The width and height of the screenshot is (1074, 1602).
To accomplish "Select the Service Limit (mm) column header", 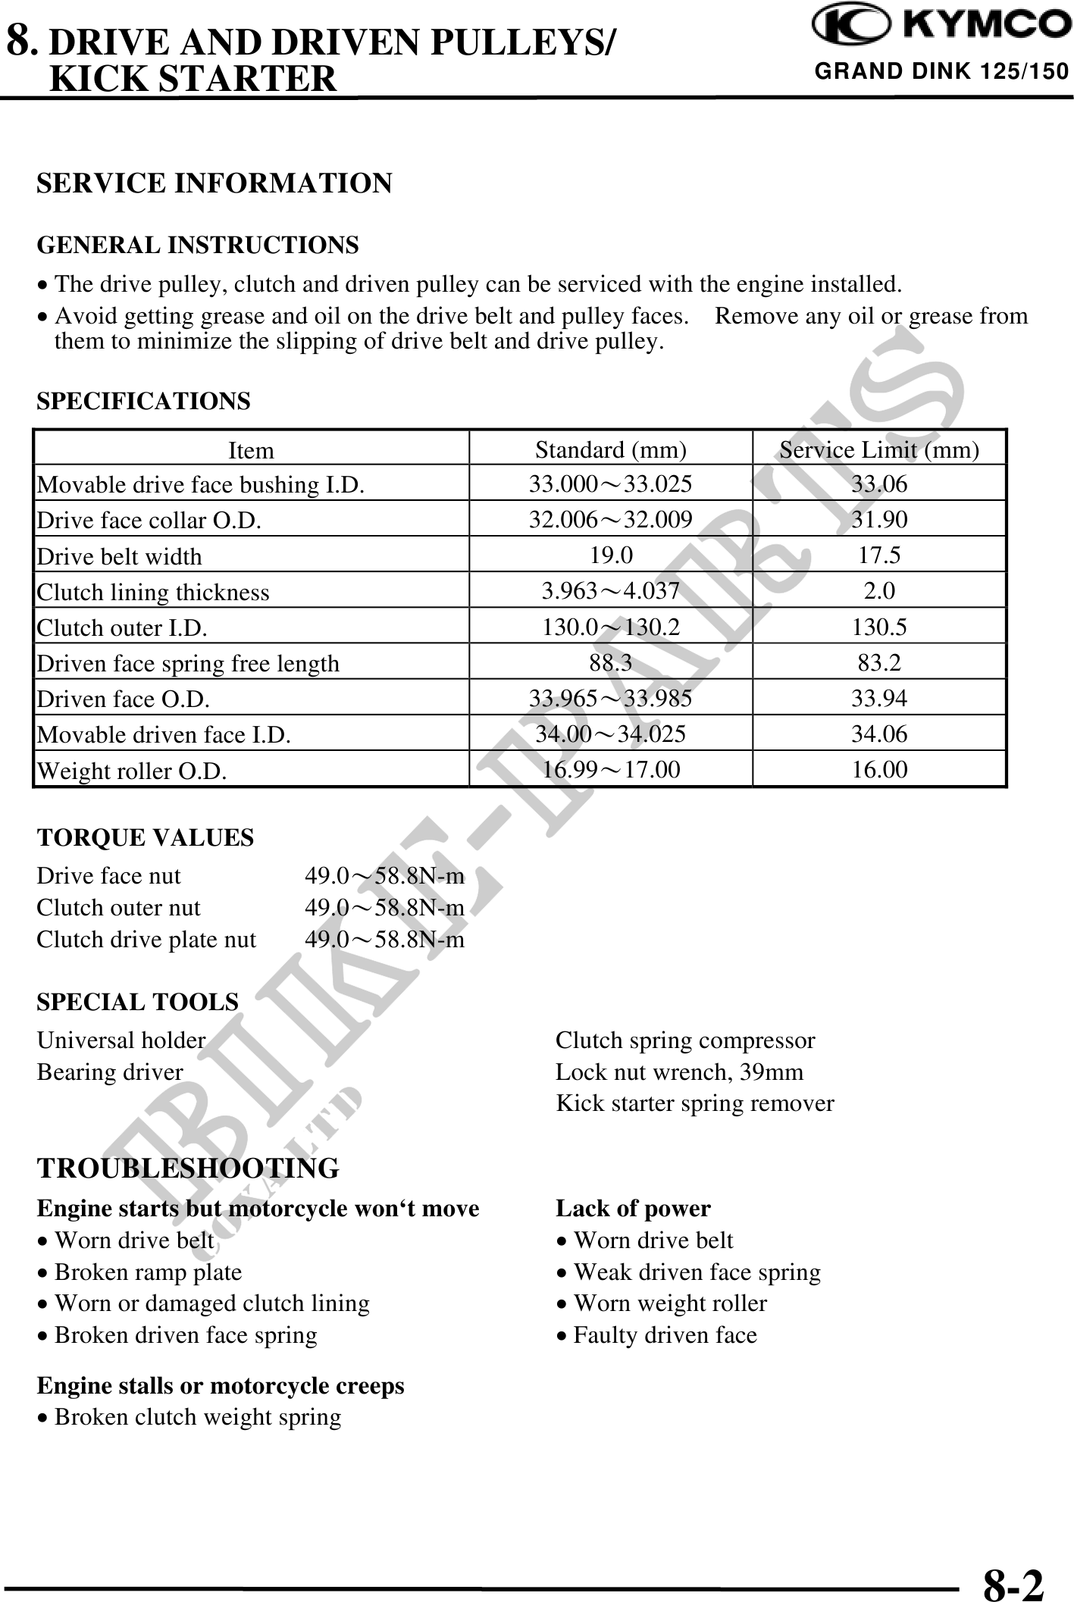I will pyautogui.click(x=879, y=450).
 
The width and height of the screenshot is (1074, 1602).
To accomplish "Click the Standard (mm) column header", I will pyautogui.click(x=611, y=450).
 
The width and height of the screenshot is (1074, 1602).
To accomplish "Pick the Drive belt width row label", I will pyautogui.click(x=120, y=556).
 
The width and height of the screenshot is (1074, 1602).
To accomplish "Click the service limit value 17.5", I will pyautogui.click(x=879, y=555).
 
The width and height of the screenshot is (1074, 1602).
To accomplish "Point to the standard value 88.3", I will pyautogui.click(x=611, y=663).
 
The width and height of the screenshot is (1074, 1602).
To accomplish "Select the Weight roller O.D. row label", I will pyautogui.click(x=132, y=771).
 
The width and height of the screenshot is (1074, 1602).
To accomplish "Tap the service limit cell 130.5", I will pyautogui.click(x=879, y=627).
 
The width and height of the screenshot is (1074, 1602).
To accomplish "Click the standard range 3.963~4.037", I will pyautogui.click(x=611, y=591).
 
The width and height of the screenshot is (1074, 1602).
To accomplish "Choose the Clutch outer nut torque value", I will pyautogui.click(x=384, y=907).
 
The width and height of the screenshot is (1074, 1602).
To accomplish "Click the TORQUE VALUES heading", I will pyautogui.click(x=146, y=837).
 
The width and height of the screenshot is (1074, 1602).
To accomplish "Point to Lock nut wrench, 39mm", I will pyautogui.click(x=679, y=1072).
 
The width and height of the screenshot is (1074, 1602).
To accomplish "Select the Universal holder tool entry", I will pyautogui.click(x=121, y=1040).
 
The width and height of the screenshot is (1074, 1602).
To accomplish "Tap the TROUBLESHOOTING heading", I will pyautogui.click(x=188, y=1168).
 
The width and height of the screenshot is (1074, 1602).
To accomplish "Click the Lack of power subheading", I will pyautogui.click(x=633, y=1208).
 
